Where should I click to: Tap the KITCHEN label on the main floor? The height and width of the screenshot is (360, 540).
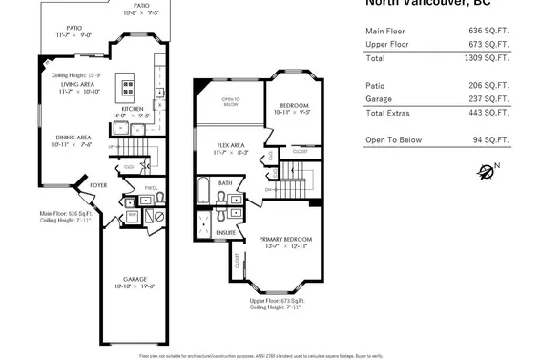click(133, 109)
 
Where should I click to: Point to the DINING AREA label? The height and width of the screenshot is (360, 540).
click(71, 137)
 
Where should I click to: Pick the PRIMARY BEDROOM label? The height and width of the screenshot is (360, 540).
click(286, 239)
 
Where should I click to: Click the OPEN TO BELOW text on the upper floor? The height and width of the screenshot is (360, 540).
click(230, 101)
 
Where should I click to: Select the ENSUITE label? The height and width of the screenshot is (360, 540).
click(226, 232)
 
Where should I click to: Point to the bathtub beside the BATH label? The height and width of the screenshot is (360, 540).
click(203, 190)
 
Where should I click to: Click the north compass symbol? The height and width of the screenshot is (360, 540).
click(488, 172)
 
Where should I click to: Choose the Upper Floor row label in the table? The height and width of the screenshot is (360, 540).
click(388, 44)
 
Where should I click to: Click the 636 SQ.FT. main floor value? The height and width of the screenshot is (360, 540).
click(491, 31)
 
